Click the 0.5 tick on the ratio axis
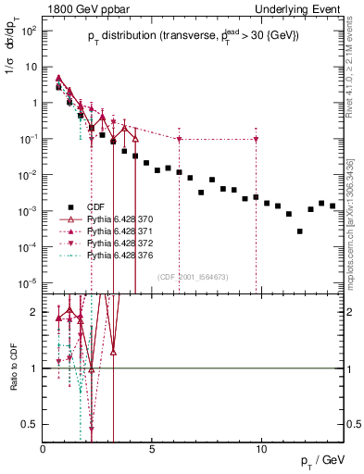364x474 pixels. click(30, 424)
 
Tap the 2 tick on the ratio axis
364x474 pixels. click(34, 312)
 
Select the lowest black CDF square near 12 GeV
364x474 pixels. click(299, 231)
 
